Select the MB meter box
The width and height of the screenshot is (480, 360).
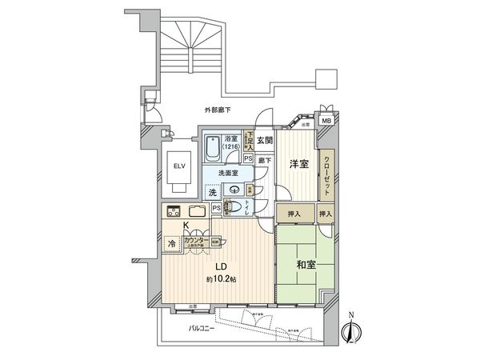[x=326, y=120]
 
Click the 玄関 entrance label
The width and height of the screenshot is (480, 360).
[x=265, y=141]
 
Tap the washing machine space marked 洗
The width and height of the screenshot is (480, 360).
[x=213, y=192]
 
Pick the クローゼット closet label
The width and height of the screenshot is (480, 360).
[x=328, y=174]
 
